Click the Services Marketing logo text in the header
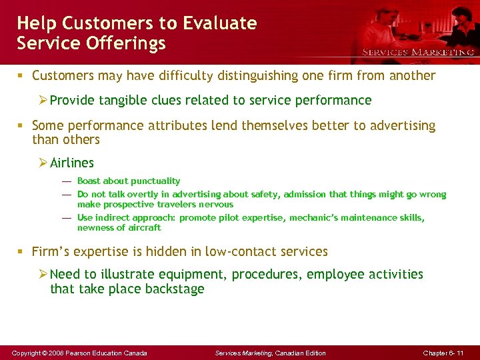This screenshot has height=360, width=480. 418,52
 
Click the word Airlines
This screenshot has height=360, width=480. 72,163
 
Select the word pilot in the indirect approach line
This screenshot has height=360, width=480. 237,218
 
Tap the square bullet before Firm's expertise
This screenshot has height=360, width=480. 22,252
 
